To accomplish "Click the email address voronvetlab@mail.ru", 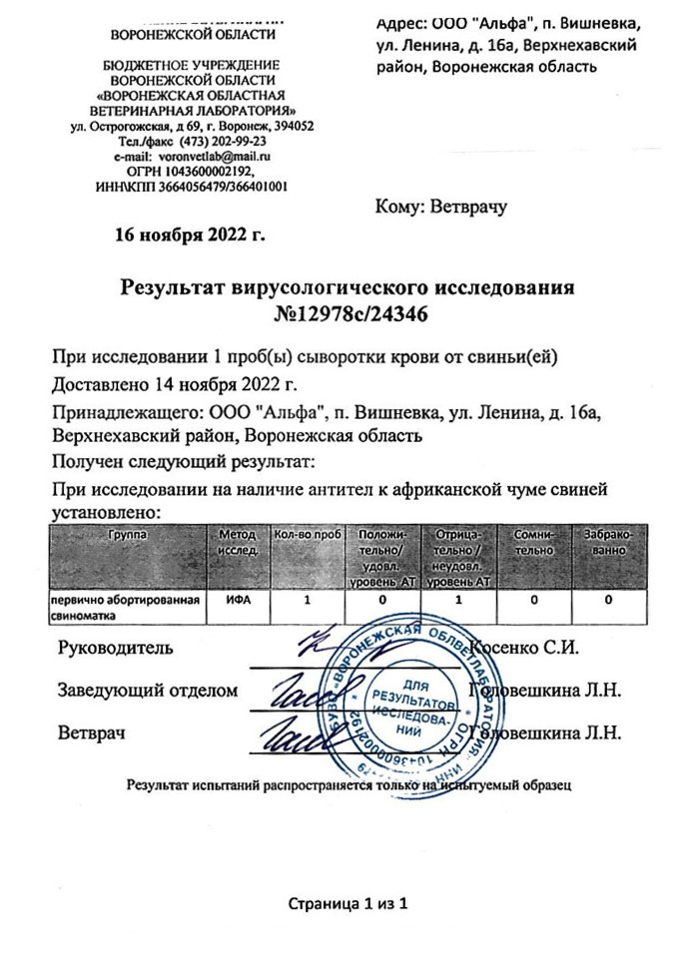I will pyautogui.click(x=221, y=157).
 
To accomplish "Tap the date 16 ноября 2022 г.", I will pyautogui.click(x=191, y=236).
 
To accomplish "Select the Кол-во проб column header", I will pyautogui.click(x=308, y=535).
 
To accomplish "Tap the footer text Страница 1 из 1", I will pyautogui.click(x=348, y=904).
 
